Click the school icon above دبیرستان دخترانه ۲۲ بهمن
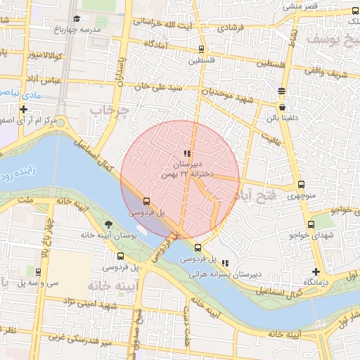pos(186,153)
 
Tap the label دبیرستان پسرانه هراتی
pos(247,273)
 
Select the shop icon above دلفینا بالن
pos(282,107)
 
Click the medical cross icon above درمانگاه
pos(316,271)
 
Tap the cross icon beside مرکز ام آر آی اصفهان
pos(24,109)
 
